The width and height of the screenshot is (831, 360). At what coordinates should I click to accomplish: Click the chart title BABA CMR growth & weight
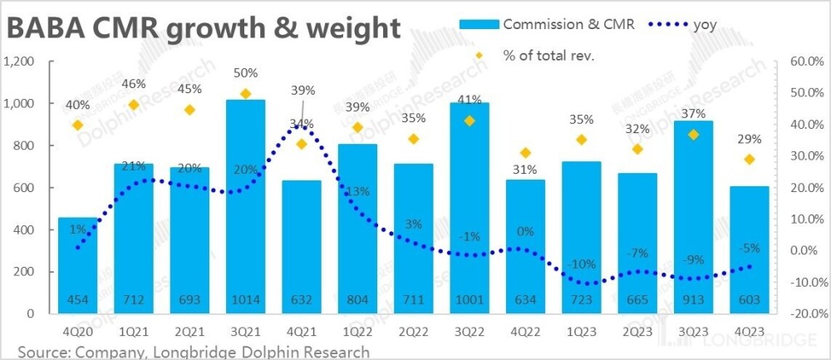point(203,30)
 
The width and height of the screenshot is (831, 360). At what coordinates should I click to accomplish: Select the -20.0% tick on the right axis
point(803,314)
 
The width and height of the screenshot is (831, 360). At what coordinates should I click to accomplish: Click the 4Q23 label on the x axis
point(750,328)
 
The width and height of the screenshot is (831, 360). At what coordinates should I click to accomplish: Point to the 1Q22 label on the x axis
point(357,328)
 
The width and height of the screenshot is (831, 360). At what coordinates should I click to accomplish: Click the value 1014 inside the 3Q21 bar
point(245,299)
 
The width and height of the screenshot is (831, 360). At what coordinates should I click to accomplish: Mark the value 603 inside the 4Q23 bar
point(750,299)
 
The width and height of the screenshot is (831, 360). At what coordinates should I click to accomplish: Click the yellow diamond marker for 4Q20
point(77,126)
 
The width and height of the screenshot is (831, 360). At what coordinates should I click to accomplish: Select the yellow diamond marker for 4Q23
point(750,159)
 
